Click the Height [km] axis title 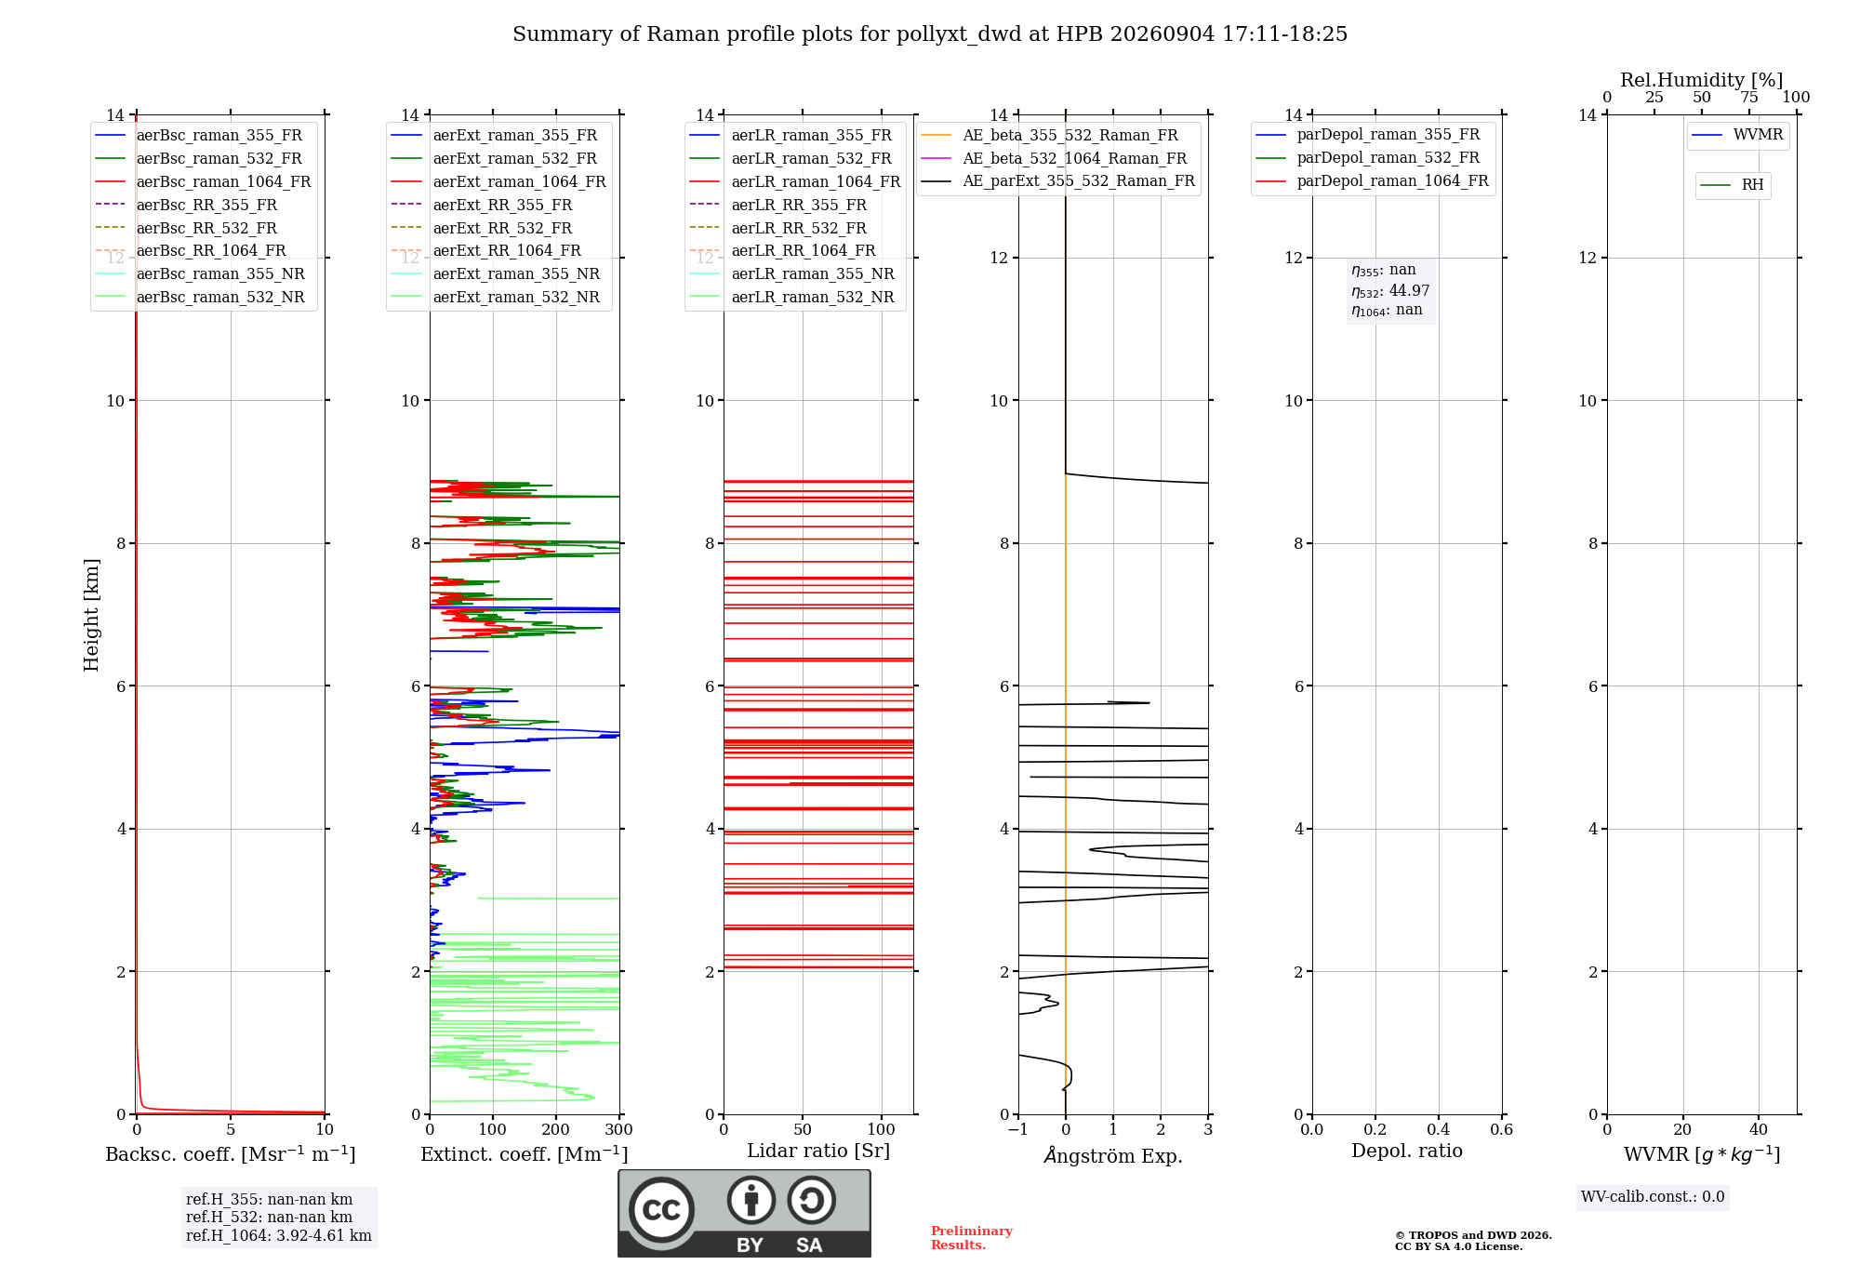pos(91,615)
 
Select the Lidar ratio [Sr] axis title pos(818,1151)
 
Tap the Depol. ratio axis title pos(1407,1151)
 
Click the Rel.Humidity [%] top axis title pos(1702,80)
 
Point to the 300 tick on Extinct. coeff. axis pos(619,1129)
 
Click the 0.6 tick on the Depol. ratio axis pos(1502,1129)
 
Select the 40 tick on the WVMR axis pos(1759,1129)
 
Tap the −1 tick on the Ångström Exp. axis pos(1018,1129)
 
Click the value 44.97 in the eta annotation pos(1409,290)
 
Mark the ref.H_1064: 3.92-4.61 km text pos(279,1236)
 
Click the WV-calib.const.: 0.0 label pos(1653,1197)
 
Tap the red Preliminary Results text pos(972,1238)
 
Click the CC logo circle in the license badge pos(661,1210)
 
